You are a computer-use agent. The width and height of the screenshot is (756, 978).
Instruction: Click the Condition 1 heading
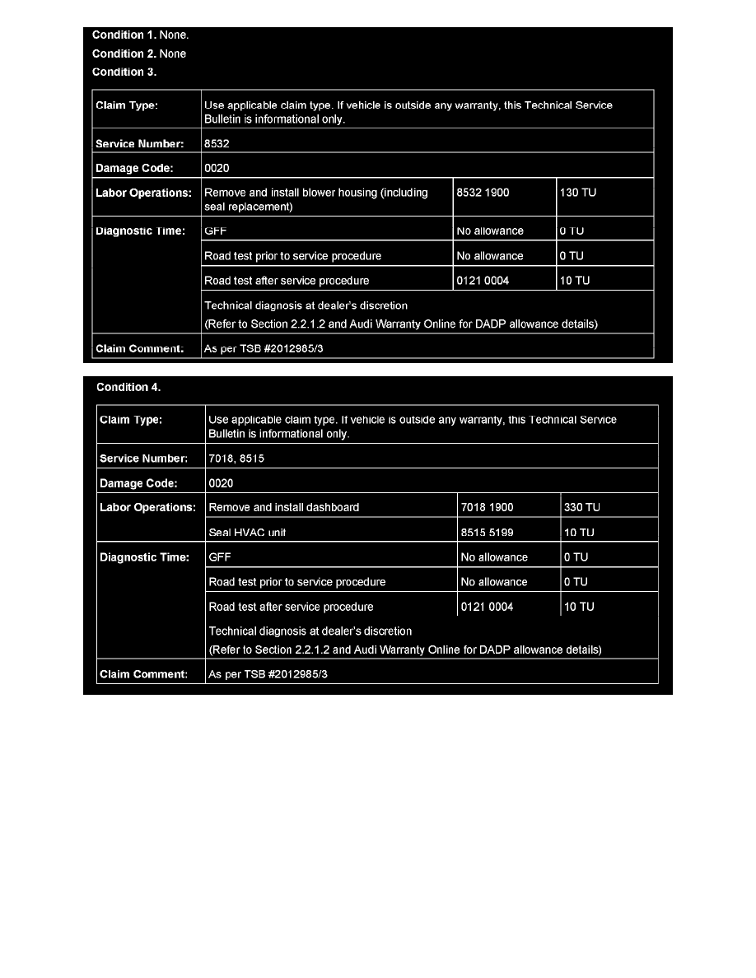tap(128, 35)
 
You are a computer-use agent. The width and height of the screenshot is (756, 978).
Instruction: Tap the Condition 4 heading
tap(128, 388)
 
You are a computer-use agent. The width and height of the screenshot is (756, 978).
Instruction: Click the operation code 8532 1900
tap(483, 193)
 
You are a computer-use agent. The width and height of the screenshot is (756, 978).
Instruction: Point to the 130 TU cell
tap(575, 193)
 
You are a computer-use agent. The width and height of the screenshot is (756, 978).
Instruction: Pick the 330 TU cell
tap(582, 507)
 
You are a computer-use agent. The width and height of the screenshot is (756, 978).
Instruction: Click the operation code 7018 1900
tap(487, 507)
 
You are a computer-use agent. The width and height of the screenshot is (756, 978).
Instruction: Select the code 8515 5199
tap(487, 533)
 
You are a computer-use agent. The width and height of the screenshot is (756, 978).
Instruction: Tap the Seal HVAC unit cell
tap(247, 533)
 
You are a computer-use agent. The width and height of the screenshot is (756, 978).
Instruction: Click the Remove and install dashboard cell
tap(284, 507)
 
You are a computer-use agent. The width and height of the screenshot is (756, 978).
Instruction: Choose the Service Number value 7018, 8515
tap(236, 458)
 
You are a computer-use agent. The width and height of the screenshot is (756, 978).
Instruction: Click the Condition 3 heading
tap(124, 72)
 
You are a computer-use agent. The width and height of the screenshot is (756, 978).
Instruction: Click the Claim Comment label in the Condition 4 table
tap(143, 674)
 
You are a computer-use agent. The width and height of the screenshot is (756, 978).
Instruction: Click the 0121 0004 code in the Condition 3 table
tap(483, 281)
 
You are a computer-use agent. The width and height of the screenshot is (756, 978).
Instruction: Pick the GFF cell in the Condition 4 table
tap(220, 557)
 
